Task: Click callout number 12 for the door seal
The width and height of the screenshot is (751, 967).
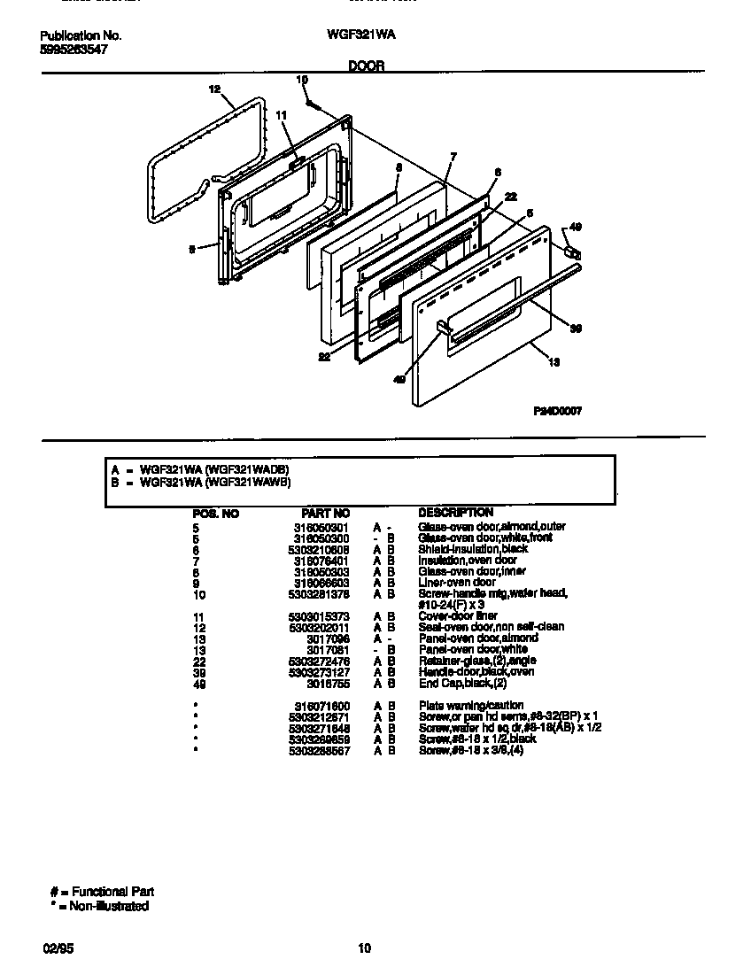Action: pos(213,89)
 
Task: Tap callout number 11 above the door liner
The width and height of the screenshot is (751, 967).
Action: pos(282,116)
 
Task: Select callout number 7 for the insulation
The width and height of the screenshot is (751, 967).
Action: pos(453,157)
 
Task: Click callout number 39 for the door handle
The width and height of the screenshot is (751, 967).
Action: pos(575,329)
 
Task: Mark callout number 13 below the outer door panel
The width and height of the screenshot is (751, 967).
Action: pos(554,361)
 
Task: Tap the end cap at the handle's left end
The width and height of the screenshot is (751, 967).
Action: pos(443,329)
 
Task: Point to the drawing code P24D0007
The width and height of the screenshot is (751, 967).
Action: pos(557,411)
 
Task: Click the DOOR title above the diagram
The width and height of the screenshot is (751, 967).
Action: pos(366,66)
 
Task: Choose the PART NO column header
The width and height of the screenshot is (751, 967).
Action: pos(325,513)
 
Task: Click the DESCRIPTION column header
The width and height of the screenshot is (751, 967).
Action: pos(455,513)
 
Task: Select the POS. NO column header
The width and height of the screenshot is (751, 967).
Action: pos(215,513)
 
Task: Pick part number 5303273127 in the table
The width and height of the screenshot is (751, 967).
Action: pos(319,672)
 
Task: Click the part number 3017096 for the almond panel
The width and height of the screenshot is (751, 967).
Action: pos(328,638)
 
